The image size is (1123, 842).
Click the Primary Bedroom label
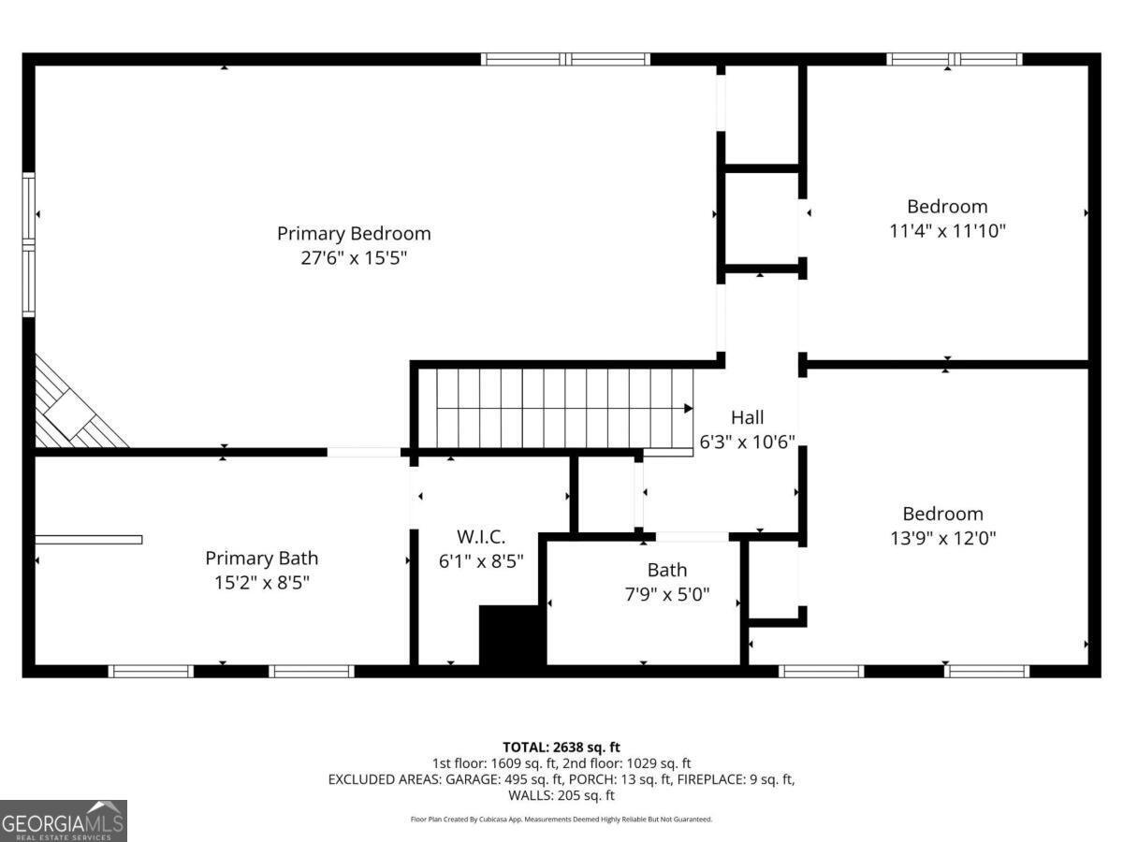click(x=354, y=233)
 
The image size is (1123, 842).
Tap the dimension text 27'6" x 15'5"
click(x=354, y=257)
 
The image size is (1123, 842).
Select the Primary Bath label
click(x=261, y=558)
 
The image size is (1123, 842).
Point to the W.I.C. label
click(x=481, y=537)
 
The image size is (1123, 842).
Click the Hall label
click(x=747, y=417)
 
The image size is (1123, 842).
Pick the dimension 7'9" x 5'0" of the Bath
click(x=666, y=593)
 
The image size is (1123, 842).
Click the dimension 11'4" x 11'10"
click(x=947, y=230)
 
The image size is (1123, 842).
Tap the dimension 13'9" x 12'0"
click(x=942, y=538)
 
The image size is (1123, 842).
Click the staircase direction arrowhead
click(x=688, y=408)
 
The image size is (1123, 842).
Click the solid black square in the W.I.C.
click(x=512, y=635)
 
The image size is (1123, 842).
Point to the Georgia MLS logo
click(x=63, y=820)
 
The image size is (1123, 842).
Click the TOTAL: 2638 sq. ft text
click(x=561, y=747)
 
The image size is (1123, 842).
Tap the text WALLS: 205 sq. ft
click(x=561, y=795)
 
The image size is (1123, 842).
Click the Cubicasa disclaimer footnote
click(x=561, y=820)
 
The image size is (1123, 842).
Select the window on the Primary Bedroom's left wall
click(x=29, y=245)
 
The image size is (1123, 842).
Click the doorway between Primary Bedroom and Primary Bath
click(x=364, y=452)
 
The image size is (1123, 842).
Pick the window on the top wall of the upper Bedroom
click(x=954, y=59)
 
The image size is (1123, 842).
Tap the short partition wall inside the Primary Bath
click(x=89, y=539)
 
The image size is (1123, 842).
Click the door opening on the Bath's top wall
click(x=692, y=537)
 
